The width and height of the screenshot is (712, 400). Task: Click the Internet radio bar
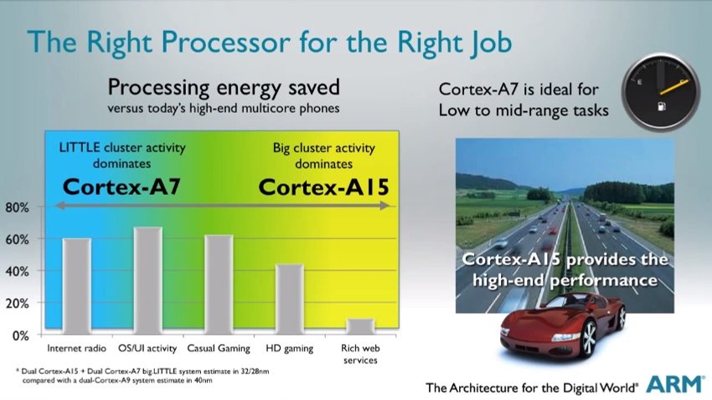coord(77,286)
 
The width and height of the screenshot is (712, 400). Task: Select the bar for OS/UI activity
coord(147,280)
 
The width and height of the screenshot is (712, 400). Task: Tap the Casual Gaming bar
coord(219,285)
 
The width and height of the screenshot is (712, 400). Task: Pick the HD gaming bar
coord(290,300)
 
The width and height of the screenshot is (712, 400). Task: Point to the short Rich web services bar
coord(360,326)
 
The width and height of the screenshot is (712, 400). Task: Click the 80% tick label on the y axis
coord(18,208)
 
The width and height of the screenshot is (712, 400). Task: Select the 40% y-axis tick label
coord(18,272)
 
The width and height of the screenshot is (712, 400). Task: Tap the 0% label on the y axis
coord(20,336)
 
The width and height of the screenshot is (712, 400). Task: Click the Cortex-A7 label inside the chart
coord(121,187)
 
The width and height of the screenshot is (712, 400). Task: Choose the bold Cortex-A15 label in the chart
coord(324,187)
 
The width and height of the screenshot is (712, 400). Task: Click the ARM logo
coord(675,384)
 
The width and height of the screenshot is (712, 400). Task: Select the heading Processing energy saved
coord(224,87)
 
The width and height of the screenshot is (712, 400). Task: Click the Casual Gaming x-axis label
coord(219,348)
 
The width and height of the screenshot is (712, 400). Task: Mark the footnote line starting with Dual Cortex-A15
coord(145,371)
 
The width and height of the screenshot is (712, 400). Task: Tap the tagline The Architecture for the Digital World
coord(532,387)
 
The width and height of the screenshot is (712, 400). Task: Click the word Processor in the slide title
coord(225,42)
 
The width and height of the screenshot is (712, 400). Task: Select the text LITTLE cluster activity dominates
coord(122,155)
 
